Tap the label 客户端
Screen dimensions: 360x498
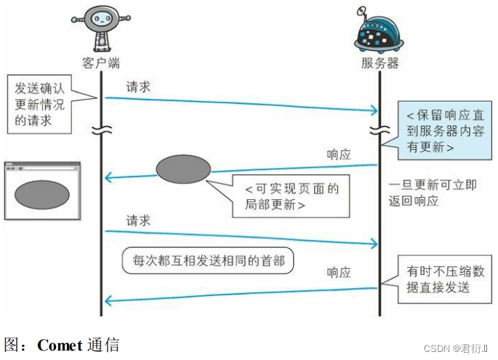pos(101,63)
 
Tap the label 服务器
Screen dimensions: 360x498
pos(379,63)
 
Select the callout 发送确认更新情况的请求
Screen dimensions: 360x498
pos(40,104)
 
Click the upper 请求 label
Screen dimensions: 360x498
pos(138,87)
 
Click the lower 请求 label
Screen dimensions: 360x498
pos(138,220)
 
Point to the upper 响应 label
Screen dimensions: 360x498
pos(338,155)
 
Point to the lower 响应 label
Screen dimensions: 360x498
pos(338,273)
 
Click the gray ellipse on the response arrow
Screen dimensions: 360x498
pos(183,169)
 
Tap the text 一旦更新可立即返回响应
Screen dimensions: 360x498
pos(432,193)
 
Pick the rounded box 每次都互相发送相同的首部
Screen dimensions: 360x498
pos(207,259)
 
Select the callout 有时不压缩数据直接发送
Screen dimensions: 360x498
pos(445,279)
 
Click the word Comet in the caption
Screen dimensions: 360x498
pos(60,345)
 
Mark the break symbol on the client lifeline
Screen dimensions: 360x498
pos(101,132)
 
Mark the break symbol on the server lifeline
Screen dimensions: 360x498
pos(379,132)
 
